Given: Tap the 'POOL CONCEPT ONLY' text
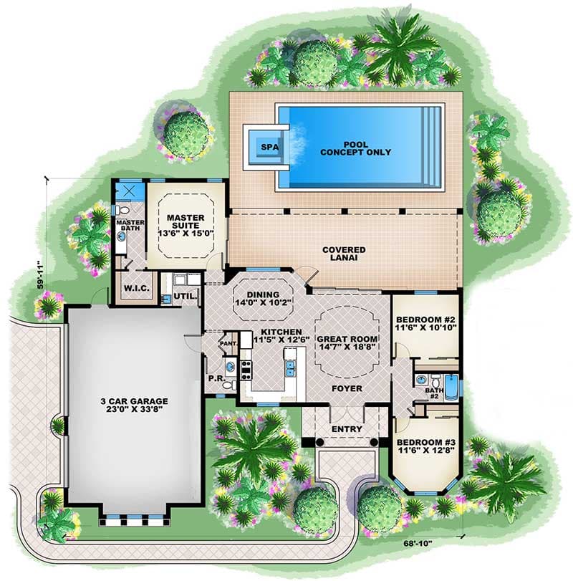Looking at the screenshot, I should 355,148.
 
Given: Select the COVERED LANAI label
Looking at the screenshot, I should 344,254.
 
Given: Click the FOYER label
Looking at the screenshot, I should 347,389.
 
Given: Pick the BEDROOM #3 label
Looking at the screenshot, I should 425,446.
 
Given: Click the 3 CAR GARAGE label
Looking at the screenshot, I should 134,405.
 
